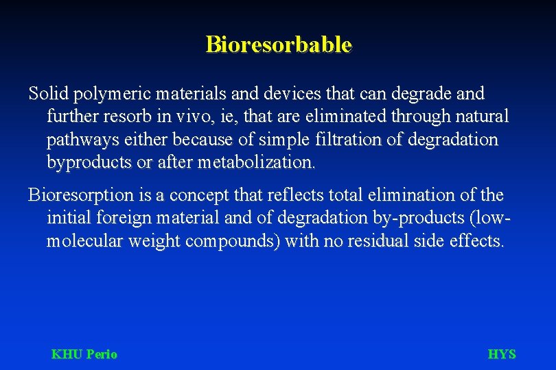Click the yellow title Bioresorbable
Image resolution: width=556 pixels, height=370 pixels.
coord(279,45)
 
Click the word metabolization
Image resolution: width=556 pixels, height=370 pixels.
coord(257,163)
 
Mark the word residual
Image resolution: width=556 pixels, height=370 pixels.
coord(376,242)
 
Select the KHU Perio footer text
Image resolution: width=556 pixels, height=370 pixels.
coord(84,354)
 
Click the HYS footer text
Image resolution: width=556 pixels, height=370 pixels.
coord(501,354)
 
